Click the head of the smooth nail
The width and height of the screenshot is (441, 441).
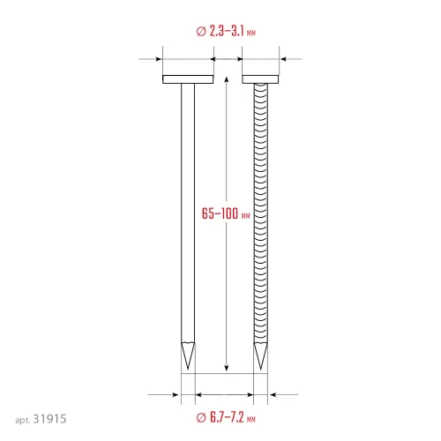[x=188, y=79]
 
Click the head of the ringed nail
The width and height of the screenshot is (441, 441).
[x=260, y=79]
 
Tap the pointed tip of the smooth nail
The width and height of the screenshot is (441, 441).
[x=188, y=369]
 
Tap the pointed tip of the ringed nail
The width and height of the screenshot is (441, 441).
[x=260, y=369]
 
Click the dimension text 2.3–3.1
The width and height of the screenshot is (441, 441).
[x=227, y=31]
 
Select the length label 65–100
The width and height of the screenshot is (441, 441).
[x=220, y=213]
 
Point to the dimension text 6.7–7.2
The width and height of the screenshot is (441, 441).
[x=227, y=417]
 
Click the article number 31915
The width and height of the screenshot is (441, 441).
[x=49, y=419]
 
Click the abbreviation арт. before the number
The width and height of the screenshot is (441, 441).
[x=23, y=420]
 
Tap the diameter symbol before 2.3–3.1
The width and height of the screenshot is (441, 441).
[x=201, y=31]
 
